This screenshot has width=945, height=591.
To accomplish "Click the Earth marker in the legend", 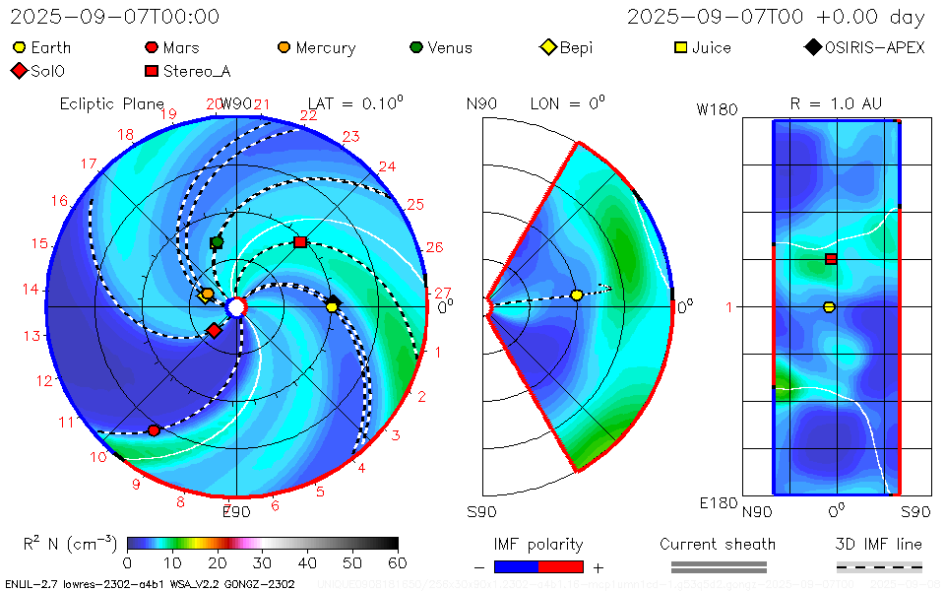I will pyautogui.click(x=19, y=47).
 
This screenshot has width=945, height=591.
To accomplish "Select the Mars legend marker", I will pyautogui.click(x=151, y=47).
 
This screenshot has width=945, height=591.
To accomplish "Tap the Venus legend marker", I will pyautogui.click(x=416, y=47).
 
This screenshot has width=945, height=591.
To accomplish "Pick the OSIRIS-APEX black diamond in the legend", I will pyautogui.click(x=812, y=47).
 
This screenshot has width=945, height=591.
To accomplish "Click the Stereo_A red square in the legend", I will pyautogui.click(x=151, y=71).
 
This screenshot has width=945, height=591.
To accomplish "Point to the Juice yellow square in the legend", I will pyautogui.click(x=680, y=47).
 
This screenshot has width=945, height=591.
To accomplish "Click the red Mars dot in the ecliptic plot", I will pyautogui.click(x=154, y=430).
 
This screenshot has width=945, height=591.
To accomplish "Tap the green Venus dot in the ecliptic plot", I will pyautogui.click(x=217, y=241).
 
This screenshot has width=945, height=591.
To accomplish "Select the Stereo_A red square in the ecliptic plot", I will pyautogui.click(x=300, y=241).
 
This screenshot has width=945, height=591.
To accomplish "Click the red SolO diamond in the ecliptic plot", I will pyautogui.click(x=214, y=330).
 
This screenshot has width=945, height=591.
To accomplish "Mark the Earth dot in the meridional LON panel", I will pyautogui.click(x=577, y=295).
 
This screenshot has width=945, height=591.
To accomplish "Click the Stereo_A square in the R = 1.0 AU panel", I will pyautogui.click(x=831, y=259).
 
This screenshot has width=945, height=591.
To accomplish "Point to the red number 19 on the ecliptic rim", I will pyautogui.click(x=168, y=114).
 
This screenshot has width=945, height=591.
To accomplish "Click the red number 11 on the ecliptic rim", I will pyautogui.click(x=67, y=423).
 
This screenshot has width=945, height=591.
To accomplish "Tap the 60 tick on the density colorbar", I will pyautogui.click(x=398, y=562).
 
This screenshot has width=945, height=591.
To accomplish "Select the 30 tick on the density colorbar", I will pyautogui.click(x=262, y=562).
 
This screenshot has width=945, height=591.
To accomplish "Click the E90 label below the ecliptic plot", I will pyautogui.click(x=236, y=511).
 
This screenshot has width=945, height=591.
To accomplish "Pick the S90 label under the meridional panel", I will pyautogui.click(x=481, y=511).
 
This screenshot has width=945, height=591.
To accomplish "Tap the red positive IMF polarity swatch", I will pyautogui.click(x=561, y=566).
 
